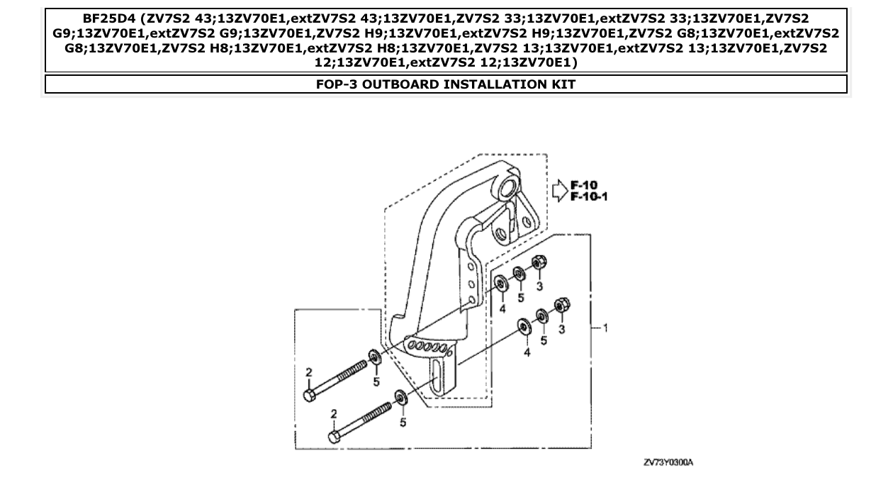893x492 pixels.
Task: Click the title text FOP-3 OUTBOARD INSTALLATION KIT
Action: (446, 84)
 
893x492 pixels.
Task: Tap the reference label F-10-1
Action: (589, 196)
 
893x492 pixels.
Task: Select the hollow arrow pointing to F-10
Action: (559, 190)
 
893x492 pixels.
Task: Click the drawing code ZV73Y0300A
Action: (668, 462)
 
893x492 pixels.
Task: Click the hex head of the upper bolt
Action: (309, 396)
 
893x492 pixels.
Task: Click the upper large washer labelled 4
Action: (500, 284)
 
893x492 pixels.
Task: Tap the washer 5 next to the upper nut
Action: (519, 273)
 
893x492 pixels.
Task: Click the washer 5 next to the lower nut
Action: (542, 315)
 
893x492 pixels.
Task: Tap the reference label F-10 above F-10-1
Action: (585, 186)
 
